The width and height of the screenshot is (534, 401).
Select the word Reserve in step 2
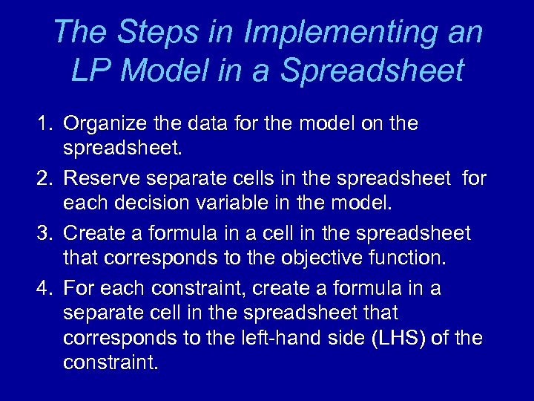(102, 178)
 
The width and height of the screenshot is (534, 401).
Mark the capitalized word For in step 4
(78, 288)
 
